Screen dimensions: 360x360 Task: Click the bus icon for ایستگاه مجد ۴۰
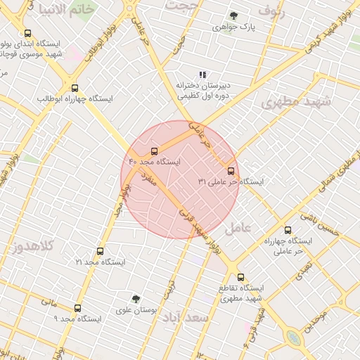(x=154, y=150)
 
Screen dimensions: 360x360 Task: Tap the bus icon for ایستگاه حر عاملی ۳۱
(x=231, y=171)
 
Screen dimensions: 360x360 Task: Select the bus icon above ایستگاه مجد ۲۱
(x=100, y=251)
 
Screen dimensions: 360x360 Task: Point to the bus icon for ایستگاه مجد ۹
(x=77, y=308)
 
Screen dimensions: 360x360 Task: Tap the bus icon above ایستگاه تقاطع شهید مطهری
(x=241, y=277)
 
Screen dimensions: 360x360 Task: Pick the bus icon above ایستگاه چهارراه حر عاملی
(x=288, y=230)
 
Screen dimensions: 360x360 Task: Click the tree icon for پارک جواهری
(x=233, y=15)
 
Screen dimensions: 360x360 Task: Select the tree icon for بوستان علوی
(x=136, y=299)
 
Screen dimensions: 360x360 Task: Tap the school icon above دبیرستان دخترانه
(x=202, y=75)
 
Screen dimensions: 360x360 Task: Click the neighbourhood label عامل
(x=238, y=229)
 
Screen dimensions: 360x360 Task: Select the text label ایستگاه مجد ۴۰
(x=154, y=162)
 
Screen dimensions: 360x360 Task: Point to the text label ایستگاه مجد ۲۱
(x=101, y=262)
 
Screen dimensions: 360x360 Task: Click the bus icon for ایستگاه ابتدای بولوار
(x=28, y=33)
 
